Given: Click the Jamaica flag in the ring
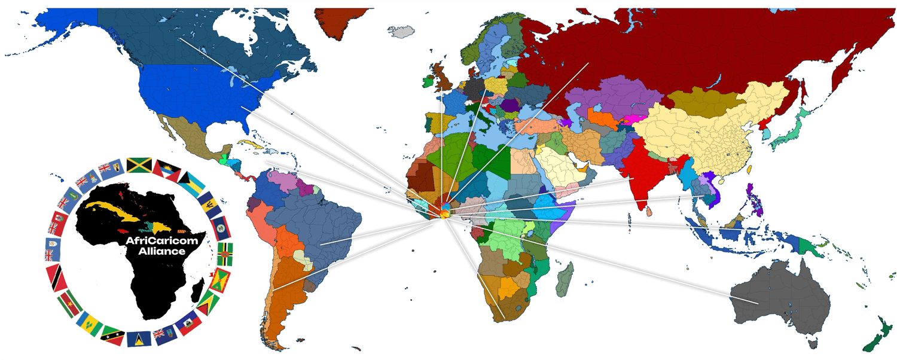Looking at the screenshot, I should click(x=138, y=164).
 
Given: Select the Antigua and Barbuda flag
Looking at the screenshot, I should click(x=163, y=169).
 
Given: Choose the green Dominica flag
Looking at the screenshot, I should click(x=225, y=250).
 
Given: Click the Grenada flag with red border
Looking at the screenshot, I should click(x=219, y=279).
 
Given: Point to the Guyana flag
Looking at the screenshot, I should click(x=208, y=302).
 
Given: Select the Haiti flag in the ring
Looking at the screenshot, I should click(x=187, y=321).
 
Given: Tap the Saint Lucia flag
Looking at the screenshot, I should click(x=138, y=338).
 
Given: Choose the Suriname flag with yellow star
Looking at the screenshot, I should click(x=70, y=303).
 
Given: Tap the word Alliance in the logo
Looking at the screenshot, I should click(x=161, y=251).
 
